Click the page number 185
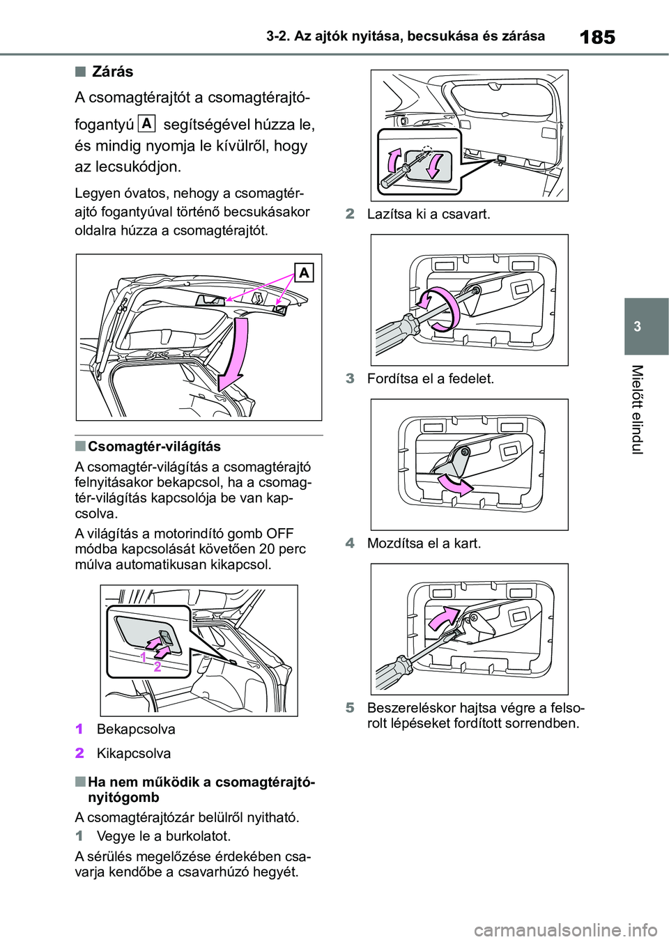pyautogui.click(x=597, y=36)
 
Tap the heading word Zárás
pyautogui.click(x=112, y=72)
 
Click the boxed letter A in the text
pyautogui.click(x=146, y=123)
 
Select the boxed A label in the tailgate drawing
pyautogui.click(x=304, y=272)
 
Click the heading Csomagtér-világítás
pyautogui.click(x=154, y=447)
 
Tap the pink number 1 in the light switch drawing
pyautogui.click(x=143, y=657)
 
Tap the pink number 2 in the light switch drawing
pyautogui.click(x=157, y=667)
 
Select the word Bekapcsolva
pyautogui.click(x=136, y=729)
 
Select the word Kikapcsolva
pyautogui.click(x=134, y=753)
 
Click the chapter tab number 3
pyautogui.click(x=637, y=327)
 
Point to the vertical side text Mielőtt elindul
pyautogui.click(x=636, y=409)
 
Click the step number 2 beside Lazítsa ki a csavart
pyautogui.click(x=350, y=214)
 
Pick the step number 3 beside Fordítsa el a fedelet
pyautogui.click(x=350, y=378)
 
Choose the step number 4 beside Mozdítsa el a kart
pyautogui.click(x=350, y=543)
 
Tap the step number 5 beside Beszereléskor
pyautogui.click(x=350, y=708)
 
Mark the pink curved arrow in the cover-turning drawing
pyautogui.click(x=453, y=485)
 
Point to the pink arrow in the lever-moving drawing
pyautogui.click(x=443, y=616)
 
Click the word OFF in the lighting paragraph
pyautogui.click(x=279, y=534)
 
